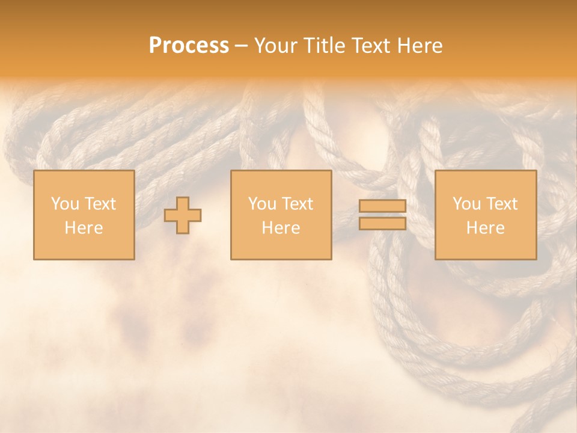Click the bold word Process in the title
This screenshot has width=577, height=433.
189,46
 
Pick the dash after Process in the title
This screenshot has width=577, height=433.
241,46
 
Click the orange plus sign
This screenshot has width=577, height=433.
183,215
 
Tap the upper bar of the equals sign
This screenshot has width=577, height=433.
382,206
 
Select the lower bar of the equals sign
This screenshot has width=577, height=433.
382,224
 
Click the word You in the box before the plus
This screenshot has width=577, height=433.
64,204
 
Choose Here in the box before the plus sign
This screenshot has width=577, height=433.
84,228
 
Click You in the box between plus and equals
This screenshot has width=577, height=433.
261,204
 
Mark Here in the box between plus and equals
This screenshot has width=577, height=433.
281,228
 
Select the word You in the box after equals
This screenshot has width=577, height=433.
466,204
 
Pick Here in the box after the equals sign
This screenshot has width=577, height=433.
485,228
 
